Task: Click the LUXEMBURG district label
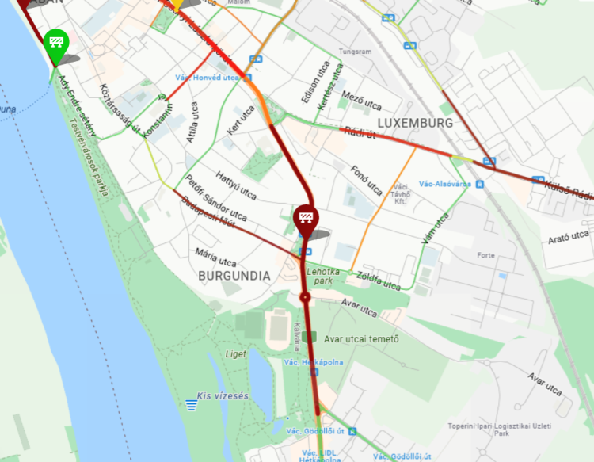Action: pyautogui.click(x=415, y=123)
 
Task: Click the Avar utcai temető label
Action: pyautogui.click(x=360, y=339)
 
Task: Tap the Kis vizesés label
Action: pyautogui.click(x=226, y=395)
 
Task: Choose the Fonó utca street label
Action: pyautogui.click(x=367, y=179)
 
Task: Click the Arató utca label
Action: pyautogui.click(x=568, y=236)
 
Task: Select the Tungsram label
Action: pyautogui.click(x=355, y=52)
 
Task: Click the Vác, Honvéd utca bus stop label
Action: pyautogui.click(x=207, y=77)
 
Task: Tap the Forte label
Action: pyautogui.click(x=485, y=255)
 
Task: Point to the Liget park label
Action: pyautogui.click(x=235, y=353)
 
